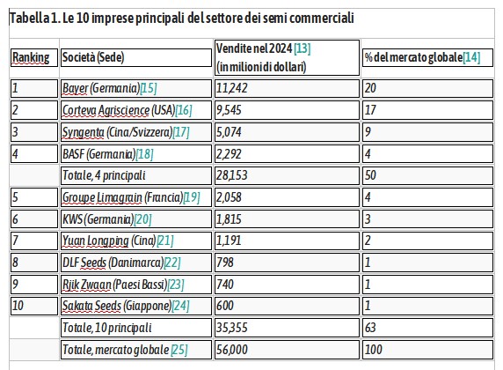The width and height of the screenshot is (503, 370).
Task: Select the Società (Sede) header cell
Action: coord(136,57)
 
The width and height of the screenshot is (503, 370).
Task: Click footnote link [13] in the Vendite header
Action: coord(303,48)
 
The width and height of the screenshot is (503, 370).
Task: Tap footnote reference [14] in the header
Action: coord(471,57)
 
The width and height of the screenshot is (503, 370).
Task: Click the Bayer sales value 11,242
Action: coord(231,88)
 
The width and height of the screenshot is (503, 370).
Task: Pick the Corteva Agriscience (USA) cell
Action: coord(136,110)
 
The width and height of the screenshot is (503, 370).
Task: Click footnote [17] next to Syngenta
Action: coord(181,132)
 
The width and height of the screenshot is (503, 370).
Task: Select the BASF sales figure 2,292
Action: coord(229,154)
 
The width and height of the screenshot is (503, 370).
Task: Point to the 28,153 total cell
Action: coord(287,175)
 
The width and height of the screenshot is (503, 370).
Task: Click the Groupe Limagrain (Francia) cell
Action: coord(136,197)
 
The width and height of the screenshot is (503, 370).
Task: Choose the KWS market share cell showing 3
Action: coord(427,219)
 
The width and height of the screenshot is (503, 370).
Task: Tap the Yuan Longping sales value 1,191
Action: coord(229,240)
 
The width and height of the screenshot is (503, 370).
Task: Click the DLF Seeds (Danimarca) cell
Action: coord(136,263)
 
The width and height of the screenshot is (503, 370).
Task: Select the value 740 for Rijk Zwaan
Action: coord(224,285)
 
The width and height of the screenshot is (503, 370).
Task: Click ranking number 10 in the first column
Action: coord(18,306)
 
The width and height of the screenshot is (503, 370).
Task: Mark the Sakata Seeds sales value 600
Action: coord(224,306)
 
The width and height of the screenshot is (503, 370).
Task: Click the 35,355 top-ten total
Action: coord(231,328)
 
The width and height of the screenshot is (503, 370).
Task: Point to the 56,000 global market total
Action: coord(231,350)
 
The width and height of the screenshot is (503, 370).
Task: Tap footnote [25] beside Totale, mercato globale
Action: coord(179,350)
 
